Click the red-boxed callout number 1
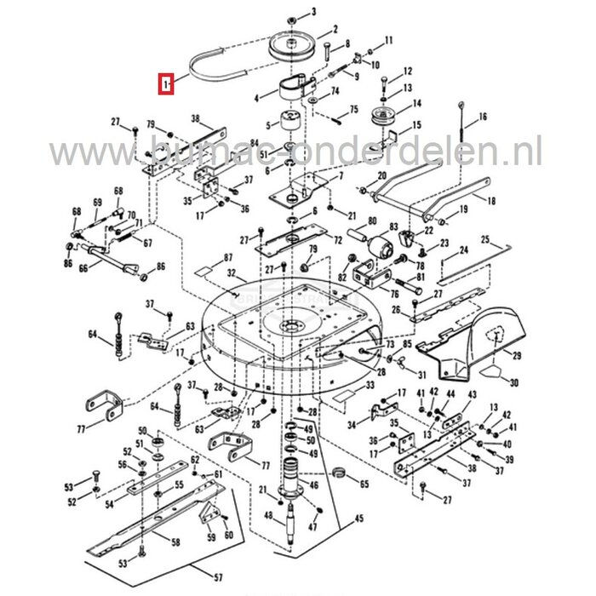click(x=167, y=84)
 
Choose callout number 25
click(x=486, y=240)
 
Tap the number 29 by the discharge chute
click(x=515, y=356)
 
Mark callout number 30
click(x=513, y=384)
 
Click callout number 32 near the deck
click(x=231, y=273)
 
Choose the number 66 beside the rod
click(x=83, y=267)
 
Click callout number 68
click(x=76, y=211)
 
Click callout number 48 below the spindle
click(x=269, y=517)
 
